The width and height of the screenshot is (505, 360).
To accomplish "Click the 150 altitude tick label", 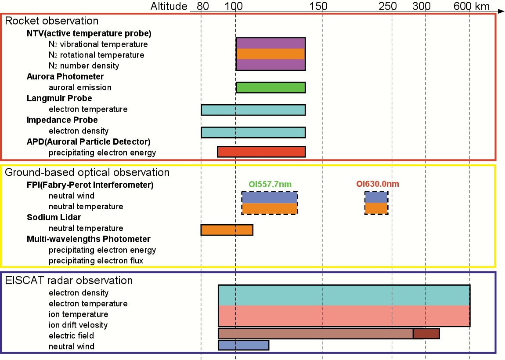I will (x=319, y=6).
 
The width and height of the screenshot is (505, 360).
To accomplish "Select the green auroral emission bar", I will (x=271, y=87).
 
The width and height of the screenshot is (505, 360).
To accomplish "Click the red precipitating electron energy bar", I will (x=261, y=152).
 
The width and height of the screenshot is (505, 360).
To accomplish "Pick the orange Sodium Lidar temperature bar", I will (x=227, y=230).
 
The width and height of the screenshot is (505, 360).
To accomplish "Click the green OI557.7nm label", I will (x=270, y=184).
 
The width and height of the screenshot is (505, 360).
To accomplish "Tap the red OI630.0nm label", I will (x=378, y=184).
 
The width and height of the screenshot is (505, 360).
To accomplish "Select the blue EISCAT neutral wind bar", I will (x=243, y=345).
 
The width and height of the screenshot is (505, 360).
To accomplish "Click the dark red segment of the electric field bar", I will (x=426, y=334).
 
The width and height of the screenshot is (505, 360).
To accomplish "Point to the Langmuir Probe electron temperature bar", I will (x=253, y=109).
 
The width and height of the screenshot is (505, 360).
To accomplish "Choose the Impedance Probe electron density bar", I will (x=253, y=132).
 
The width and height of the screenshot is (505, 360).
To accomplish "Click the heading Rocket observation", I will (x=52, y=21).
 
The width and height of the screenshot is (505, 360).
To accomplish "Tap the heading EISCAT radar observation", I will (x=69, y=280).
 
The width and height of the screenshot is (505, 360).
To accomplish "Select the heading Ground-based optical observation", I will (x=87, y=172).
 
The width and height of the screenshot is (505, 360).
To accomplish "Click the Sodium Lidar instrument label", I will (x=54, y=218).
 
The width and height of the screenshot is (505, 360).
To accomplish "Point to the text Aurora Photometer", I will (x=65, y=76).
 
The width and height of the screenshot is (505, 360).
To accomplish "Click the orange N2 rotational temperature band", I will (x=271, y=54).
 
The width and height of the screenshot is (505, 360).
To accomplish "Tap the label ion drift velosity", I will (x=78, y=325).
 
